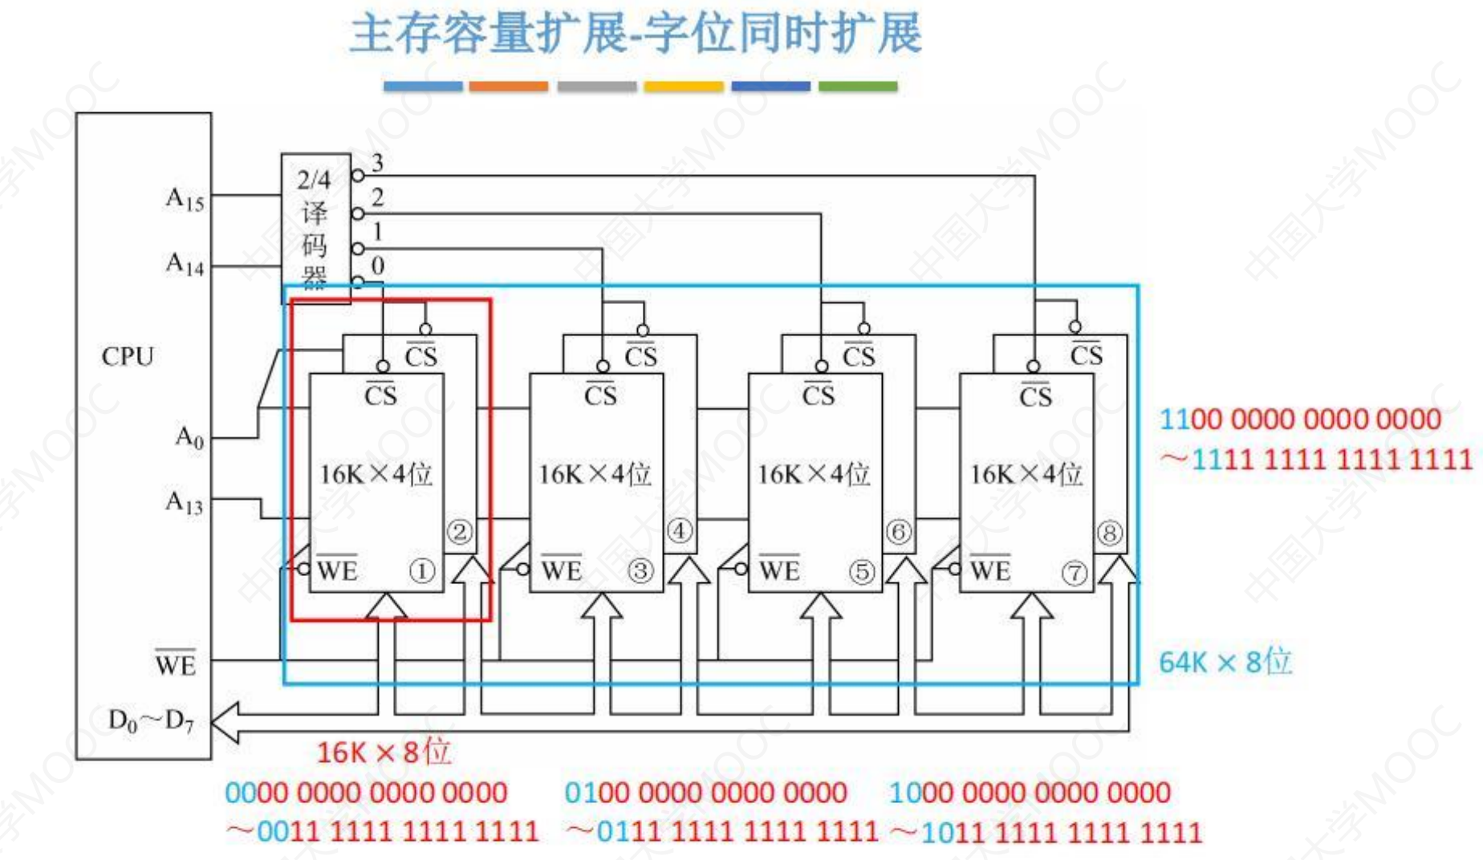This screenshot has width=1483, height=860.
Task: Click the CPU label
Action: tap(128, 356)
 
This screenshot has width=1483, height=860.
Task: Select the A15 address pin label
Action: tap(185, 198)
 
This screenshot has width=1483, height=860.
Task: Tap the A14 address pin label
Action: tap(185, 263)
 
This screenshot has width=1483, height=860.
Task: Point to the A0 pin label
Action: tap(189, 437)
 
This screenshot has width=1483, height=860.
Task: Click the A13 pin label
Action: tap(185, 502)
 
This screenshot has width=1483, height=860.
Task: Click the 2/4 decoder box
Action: tap(315, 229)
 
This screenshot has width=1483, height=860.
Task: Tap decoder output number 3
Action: tap(377, 163)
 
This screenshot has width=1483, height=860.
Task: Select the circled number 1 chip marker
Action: tap(422, 571)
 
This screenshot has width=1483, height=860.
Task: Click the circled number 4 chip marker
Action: tap(679, 531)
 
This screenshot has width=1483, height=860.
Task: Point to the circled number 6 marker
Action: tap(898, 532)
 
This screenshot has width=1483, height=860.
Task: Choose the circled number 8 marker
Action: tap(1110, 533)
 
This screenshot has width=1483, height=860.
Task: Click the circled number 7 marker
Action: tap(1075, 573)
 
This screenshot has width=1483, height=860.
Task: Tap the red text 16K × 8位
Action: tap(384, 752)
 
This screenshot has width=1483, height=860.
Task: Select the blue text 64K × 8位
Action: tap(1225, 663)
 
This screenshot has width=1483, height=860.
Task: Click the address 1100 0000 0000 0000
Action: tap(1300, 420)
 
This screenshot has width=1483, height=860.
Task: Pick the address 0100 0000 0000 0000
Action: tap(705, 793)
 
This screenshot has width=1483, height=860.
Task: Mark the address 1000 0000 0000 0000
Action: tap(1030, 793)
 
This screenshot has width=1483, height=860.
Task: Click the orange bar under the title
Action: tap(509, 86)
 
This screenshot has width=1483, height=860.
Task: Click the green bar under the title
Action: tap(858, 86)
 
